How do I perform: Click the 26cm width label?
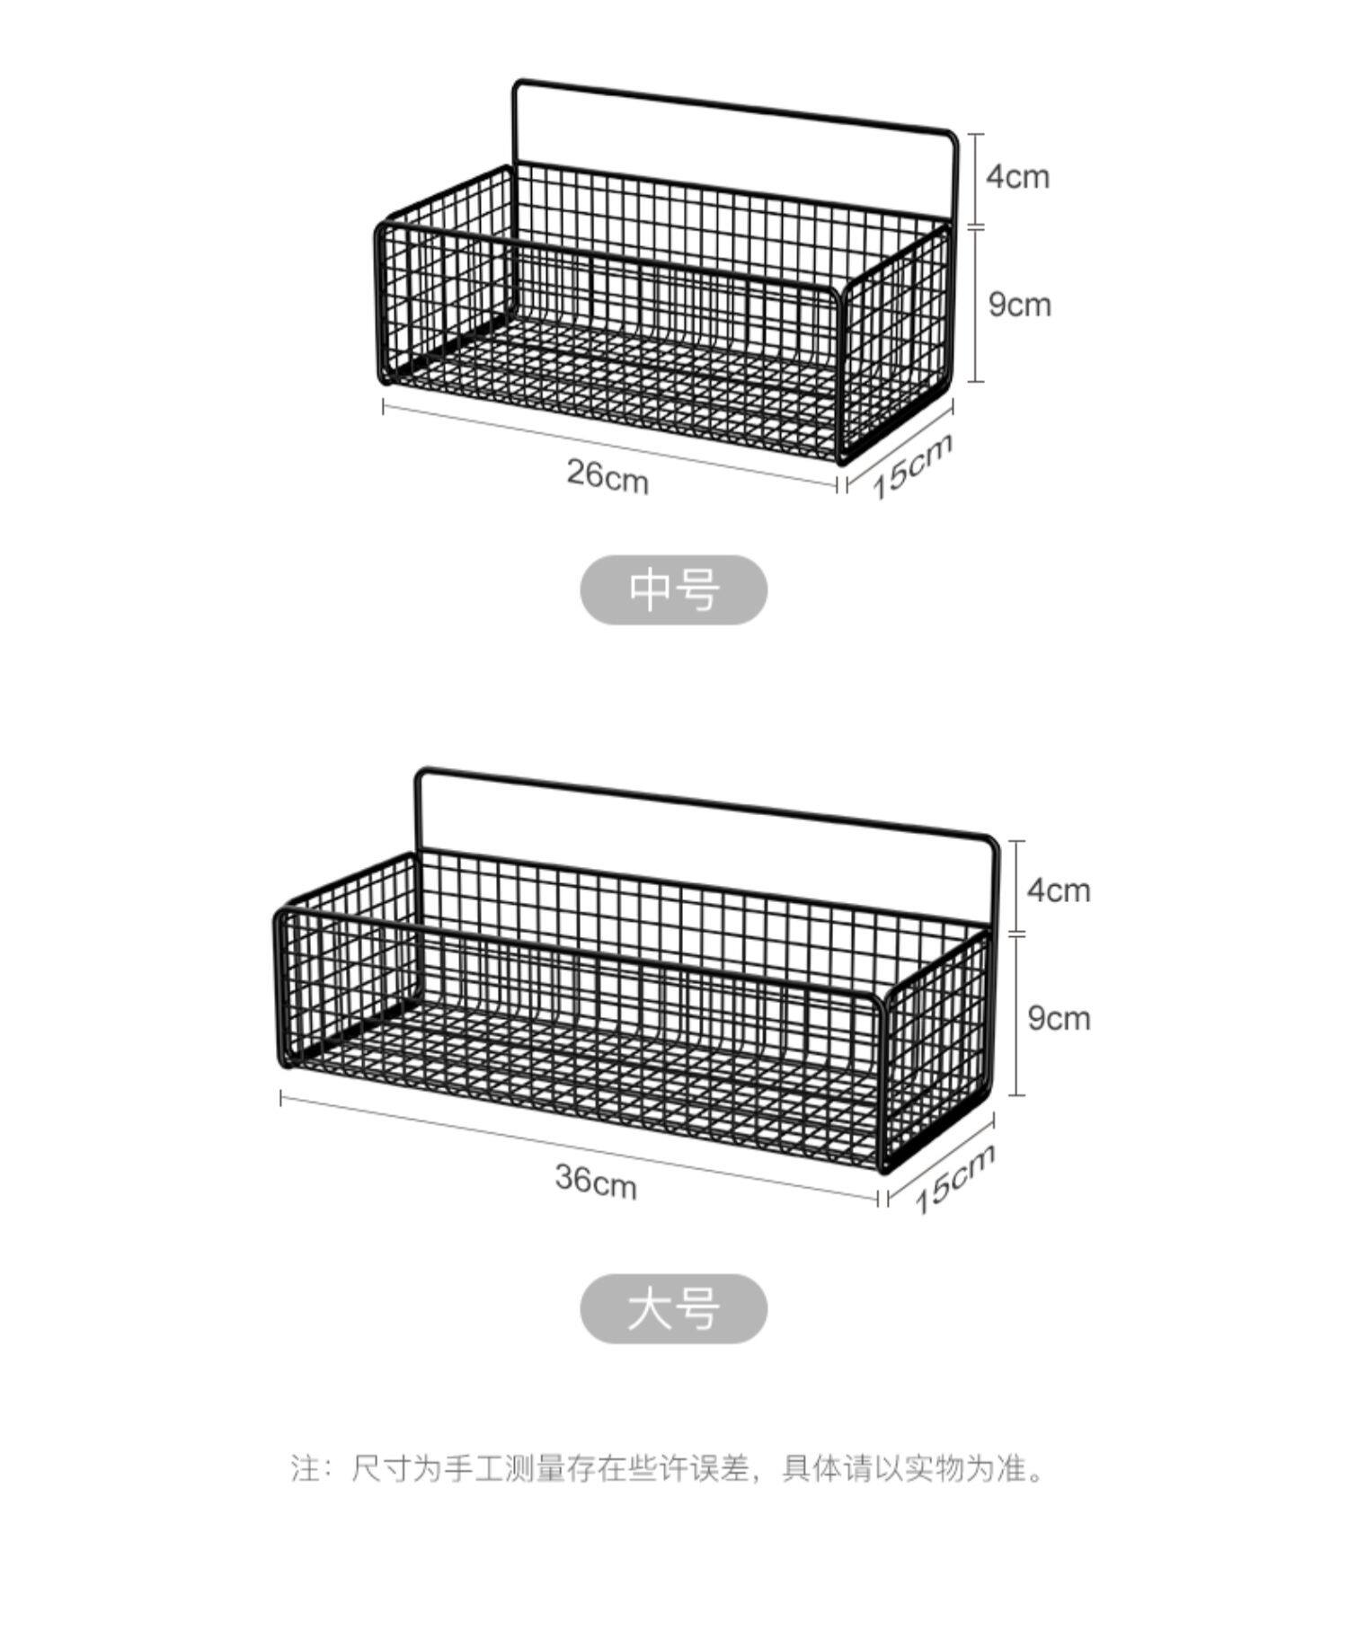[x=607, y=475]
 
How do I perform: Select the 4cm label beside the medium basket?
[x=1017, y=176]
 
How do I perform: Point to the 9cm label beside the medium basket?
[x=1019, y=305]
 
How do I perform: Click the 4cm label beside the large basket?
[x=1059, y=890]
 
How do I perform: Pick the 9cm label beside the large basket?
[x=1059, y=1018]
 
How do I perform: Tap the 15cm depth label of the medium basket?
[x=911, y=466]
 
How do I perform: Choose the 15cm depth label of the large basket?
[x=954, y=1179]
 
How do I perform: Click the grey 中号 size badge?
[x=674, y=590]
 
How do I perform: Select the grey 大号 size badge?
[x=674, y=1308]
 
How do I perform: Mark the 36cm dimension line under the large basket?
[x=579, y=1149]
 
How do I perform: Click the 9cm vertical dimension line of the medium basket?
[x=977, y=305]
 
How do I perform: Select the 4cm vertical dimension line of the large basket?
[x=1017, y=887]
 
